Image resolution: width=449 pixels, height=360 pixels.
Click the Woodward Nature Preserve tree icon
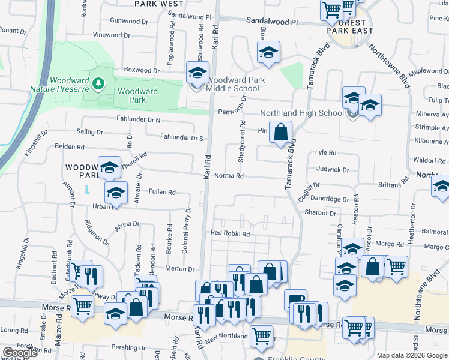[x=97, y=82]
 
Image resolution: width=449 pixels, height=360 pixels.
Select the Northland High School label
[x=301, y=113]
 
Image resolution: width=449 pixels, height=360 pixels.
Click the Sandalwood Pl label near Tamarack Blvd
[x=272, y=21]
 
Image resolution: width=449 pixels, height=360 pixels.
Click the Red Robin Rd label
[x=229, y=233]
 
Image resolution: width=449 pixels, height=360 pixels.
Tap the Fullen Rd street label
[x=162, y=193]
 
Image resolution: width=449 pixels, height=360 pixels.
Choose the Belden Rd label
[x=69, y=146]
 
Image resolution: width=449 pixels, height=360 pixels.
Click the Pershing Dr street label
[x=130, y=347]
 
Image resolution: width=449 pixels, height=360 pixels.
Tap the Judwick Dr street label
[x=333, y=170]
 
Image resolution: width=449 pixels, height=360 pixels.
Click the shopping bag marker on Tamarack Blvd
[x=281, y=132]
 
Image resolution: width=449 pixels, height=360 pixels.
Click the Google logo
[x=20, y=353]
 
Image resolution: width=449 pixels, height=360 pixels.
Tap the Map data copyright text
[x=411, y=355]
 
